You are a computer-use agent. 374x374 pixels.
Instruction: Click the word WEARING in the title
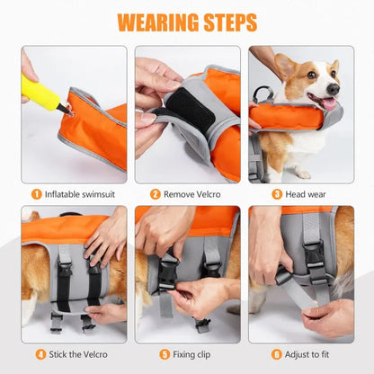pos(156,22)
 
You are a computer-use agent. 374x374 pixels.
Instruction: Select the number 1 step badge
pos(36,193)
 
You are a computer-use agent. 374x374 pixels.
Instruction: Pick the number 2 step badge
pos(155,193)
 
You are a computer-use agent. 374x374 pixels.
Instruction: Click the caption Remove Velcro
pos(191,193)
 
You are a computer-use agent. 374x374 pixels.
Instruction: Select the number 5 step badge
pos(156,353)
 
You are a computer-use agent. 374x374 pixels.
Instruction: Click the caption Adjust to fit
pos(307,353)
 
